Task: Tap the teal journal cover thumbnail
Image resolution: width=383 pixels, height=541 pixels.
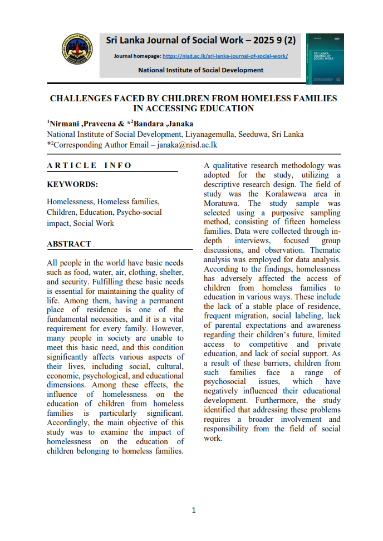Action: click(x=325, y=58)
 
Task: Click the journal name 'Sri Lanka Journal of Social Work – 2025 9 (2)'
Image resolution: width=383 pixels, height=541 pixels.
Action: click(x=201, y=40)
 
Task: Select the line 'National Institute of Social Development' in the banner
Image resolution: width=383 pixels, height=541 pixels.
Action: click(x=200, y=70)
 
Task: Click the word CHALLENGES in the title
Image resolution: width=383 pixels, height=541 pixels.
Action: click(x=85, y=99)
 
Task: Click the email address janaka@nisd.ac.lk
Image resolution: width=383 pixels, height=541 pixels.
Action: click(x=186, y=144)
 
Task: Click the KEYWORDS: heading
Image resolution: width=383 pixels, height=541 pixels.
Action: click(x=72, y=184)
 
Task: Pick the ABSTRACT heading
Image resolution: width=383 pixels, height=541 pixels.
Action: click(x=69, y=244)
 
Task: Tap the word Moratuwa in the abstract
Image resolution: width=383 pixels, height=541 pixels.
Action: click(x=220, y=203)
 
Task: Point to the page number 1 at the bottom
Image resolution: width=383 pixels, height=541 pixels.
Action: click(x=193, y=510)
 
